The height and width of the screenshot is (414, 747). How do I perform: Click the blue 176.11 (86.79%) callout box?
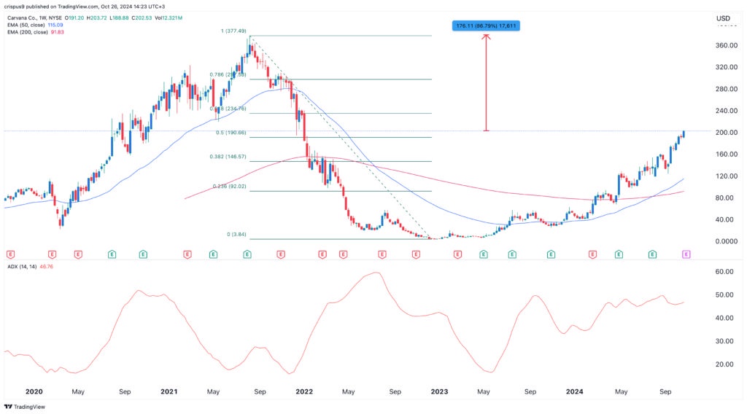click(487, 26)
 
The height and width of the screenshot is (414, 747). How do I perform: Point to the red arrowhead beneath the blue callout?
click(487, 36)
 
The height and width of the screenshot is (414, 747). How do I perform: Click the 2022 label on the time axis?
click(304, 391)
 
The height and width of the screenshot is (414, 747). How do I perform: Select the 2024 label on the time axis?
click(575, 391)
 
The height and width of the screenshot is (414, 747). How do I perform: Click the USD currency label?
click(723, 18)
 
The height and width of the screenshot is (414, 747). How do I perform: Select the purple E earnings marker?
click(686, 254)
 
